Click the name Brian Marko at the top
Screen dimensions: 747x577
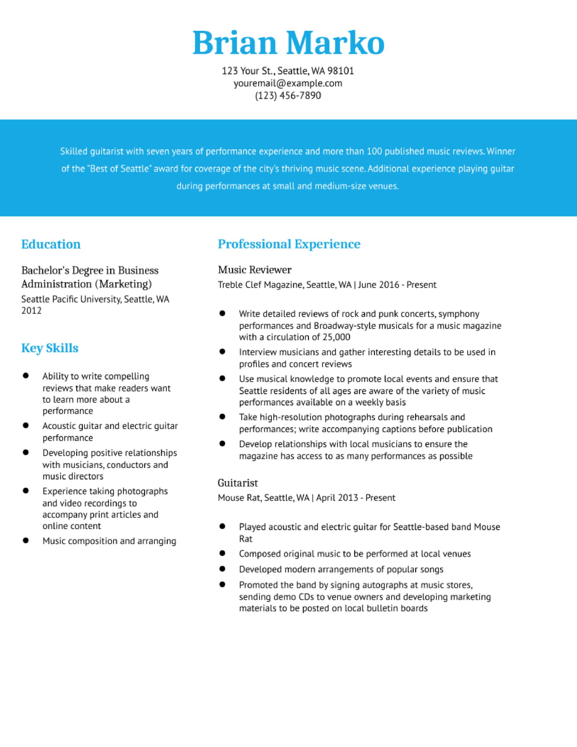click(288, 43)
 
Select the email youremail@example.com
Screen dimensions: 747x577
click(288, 83)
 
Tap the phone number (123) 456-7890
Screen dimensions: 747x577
click(288, 95)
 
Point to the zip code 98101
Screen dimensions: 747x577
click(341, 71)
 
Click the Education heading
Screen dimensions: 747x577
click(51, 244)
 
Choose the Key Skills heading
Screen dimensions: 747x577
click(50, 348)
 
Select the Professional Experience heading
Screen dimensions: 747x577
click(289, 244)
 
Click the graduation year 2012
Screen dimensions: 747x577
click(32, 310)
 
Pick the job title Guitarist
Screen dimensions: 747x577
click(238, 483)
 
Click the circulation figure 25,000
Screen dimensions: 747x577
click(336, 337)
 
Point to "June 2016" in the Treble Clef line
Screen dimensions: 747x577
click(379, 285)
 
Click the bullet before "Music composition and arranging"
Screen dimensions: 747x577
click(25, 540)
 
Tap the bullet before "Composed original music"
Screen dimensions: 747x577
click(222, 553)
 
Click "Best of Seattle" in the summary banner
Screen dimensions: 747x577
click(121, 169)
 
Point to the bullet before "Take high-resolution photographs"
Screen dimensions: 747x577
click(222, 417)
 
